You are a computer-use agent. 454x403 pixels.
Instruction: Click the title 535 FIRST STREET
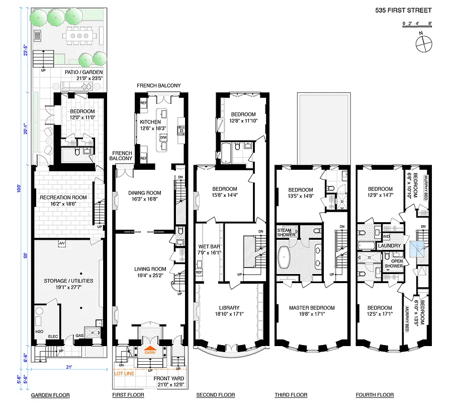point(403,10)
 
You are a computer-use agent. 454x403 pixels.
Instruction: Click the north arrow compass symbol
point(424,43)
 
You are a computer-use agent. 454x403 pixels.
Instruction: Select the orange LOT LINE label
point(124,374)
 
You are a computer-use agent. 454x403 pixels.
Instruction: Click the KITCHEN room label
point(150,122)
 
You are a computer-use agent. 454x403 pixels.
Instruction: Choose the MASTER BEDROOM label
point(311,308)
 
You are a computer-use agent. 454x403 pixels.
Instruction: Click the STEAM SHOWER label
point(287,233)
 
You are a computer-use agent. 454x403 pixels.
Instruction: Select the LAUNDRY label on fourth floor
point(390,246)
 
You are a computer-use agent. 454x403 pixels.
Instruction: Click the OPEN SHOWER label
point(394,263)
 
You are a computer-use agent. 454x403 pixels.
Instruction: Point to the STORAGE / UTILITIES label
point(68,281)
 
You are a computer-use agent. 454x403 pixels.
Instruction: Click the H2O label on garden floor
point(39,331)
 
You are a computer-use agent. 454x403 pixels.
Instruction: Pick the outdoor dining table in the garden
point(80,36)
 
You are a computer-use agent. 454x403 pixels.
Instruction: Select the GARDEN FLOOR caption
point(50,395)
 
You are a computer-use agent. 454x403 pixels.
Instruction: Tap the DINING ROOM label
point(145,193)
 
